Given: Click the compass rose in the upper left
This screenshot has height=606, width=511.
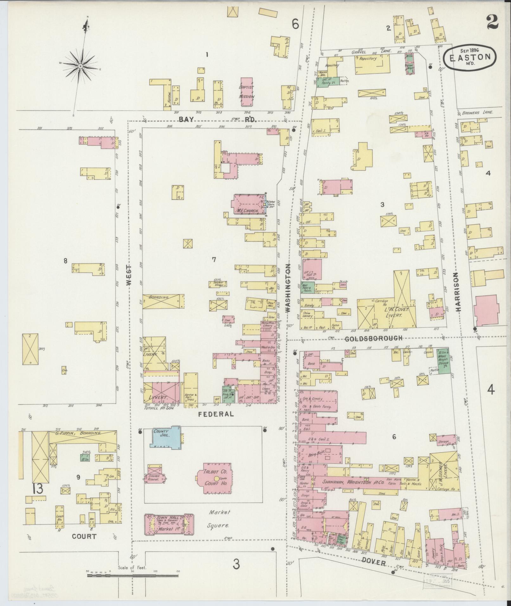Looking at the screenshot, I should pos(80,66).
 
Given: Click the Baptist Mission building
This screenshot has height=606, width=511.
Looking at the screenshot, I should pos(247,92).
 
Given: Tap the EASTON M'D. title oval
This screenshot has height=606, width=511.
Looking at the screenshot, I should pos(470,58).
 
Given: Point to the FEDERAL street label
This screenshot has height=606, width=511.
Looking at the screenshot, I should pos(216,414).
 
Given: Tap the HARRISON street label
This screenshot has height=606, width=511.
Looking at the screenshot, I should pos(458,292).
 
